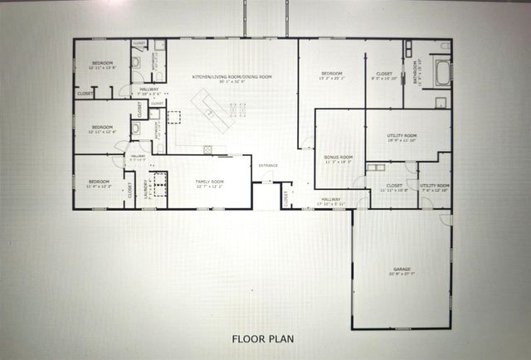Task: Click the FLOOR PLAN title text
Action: coord(263,338)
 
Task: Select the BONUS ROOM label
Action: coord(339,157)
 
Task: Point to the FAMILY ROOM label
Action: coord(209,180)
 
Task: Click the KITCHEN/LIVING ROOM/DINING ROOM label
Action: coord(232,76)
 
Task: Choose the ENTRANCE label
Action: coord(268,165)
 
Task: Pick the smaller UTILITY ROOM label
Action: coord(434,185)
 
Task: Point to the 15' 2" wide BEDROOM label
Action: coord(332,74)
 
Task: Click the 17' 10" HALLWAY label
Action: coord(331,198)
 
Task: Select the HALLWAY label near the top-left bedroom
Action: coord(149,90)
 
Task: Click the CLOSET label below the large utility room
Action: coord(393,185)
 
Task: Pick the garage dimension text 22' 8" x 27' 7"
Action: coord(402,275)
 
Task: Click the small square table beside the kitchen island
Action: coord(174,117)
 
